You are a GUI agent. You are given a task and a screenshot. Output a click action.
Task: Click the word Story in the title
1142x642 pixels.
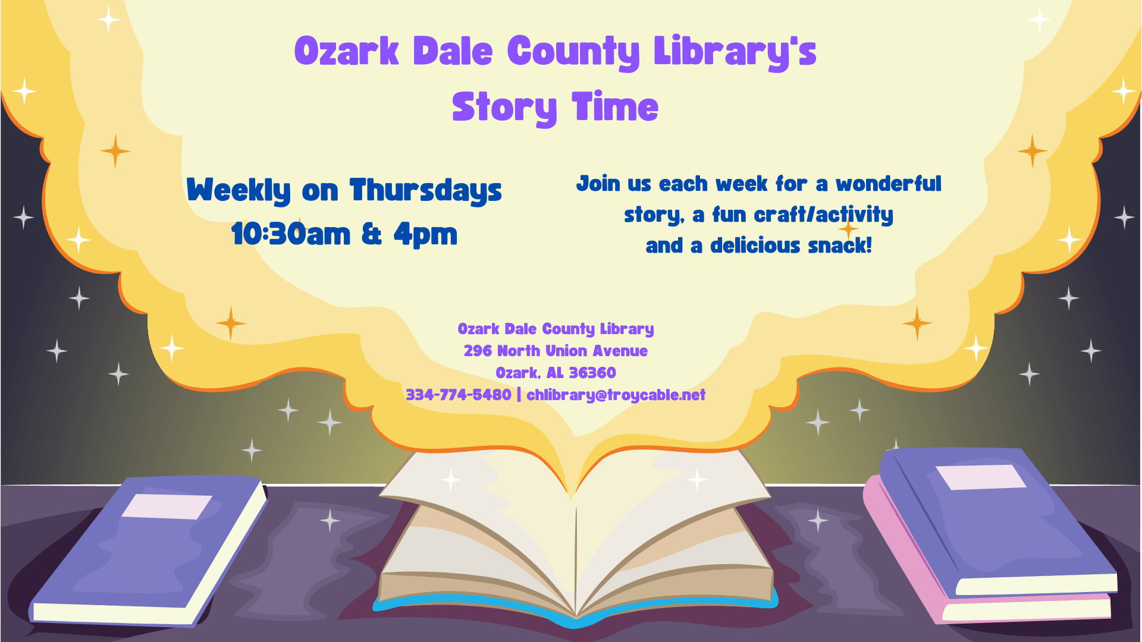coord(505,108)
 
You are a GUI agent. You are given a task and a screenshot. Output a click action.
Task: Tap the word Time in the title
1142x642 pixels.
coord(615,106)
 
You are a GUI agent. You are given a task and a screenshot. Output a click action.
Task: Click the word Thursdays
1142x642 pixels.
coord(426,191)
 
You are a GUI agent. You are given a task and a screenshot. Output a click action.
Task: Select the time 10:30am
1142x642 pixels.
coord(291,234)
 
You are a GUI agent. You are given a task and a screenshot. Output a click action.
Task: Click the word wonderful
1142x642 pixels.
coord(889,184)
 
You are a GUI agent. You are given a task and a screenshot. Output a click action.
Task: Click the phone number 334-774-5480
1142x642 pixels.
coord(459,395)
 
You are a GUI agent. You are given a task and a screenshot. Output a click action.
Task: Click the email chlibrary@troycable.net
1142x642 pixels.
coord(616,395)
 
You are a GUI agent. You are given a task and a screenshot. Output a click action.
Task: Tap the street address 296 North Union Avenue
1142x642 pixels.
coord(556,351)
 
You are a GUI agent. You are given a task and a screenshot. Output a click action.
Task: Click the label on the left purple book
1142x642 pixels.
coord(167,506)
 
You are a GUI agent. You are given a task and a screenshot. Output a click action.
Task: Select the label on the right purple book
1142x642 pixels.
coord(980,477)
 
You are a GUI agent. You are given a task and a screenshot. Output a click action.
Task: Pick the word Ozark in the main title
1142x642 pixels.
coord(346,51)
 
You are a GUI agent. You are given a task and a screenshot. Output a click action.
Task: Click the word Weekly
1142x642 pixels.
coord(239,191)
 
